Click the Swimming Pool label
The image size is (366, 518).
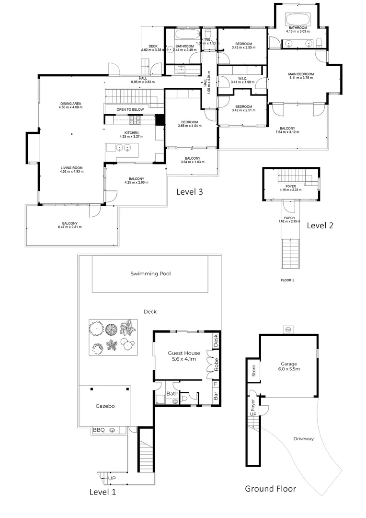pyautogui.click(x=151, y=274)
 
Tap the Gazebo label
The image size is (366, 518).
pyautogui.click(x=104, y=406)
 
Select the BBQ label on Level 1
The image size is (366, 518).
pyautogui.click(x=99, y=430)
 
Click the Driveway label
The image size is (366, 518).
pyautogui.click(x=303, y=438)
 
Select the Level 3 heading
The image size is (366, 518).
pyautogui.click(x=190, y=192)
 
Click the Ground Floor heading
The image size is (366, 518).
pyautogui.click(x=270, y=489)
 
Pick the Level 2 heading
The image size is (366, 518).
pyautogui.click(x=320, y=225)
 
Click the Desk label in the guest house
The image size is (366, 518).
pyautogui.click(x=216, y=341)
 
